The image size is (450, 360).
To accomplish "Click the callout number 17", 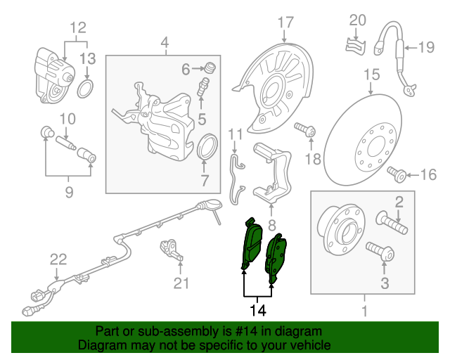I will (285, 22).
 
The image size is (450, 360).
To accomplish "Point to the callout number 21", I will (182, 283).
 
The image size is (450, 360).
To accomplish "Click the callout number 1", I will (364, 310).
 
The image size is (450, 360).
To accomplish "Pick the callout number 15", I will (371, 74).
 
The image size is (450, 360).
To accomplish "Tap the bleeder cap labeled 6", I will (209, 68).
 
